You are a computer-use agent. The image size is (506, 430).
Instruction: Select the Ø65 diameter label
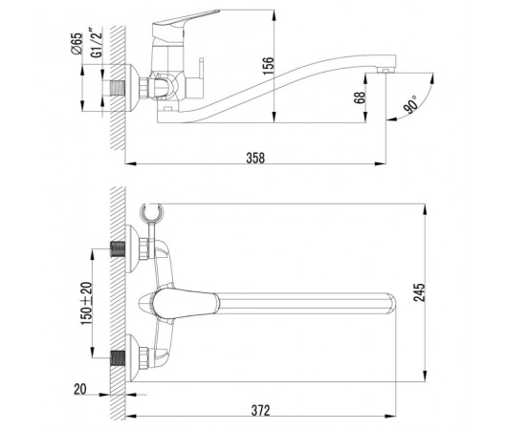tap(76, 46)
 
